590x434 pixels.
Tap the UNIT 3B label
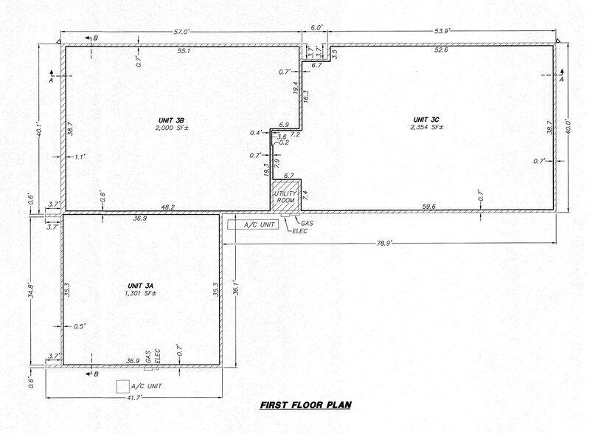click(170, 120)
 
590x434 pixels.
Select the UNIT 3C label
click(426, 120)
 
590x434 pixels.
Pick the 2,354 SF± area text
click(426, 128)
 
